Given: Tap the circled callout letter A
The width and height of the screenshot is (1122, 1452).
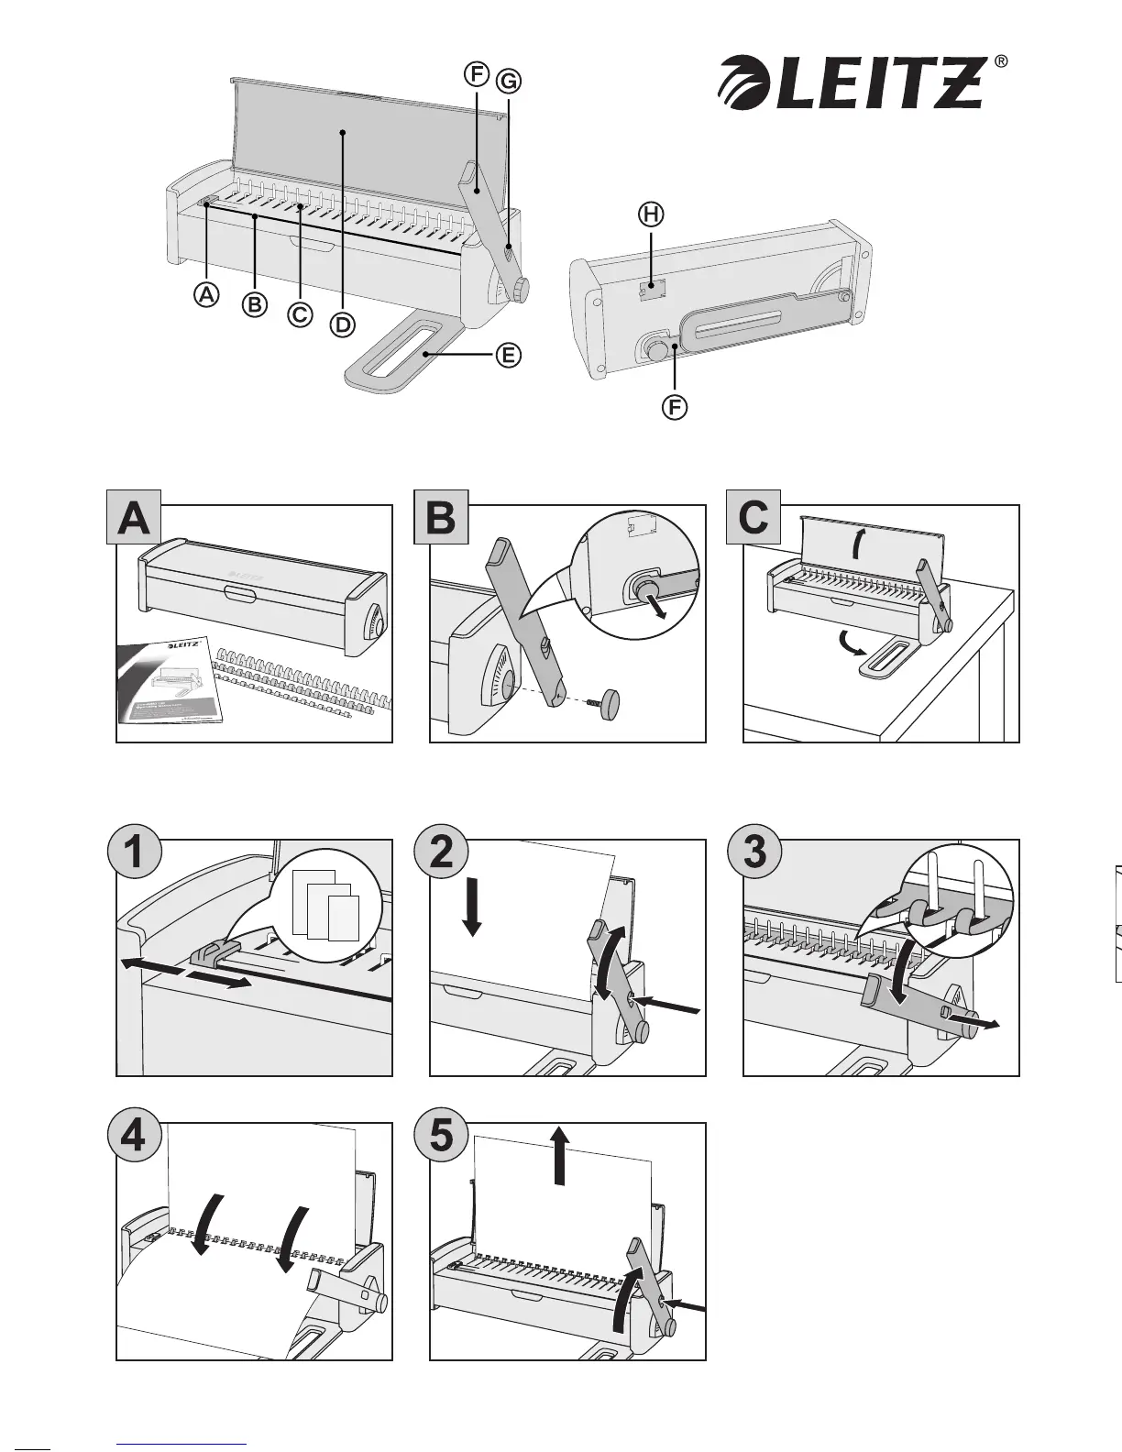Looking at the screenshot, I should click(x=208, y=294).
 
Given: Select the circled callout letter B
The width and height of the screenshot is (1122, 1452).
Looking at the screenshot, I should click(x=254, y=304).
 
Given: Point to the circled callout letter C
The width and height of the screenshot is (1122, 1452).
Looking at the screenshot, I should click(x=299, y=314).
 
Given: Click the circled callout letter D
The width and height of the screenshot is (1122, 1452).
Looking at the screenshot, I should click(x=342, y=324).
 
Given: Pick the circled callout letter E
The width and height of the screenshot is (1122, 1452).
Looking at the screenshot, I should click(x=509, y=354).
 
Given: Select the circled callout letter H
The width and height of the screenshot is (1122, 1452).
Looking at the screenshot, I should click(x=650, y=214).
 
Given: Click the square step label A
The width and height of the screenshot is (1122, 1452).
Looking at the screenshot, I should click(x=134, y=518).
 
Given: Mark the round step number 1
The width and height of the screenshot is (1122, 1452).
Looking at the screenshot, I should click(x=134, y=852).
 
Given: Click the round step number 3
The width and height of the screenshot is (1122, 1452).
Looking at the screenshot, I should click(x=753, y=852).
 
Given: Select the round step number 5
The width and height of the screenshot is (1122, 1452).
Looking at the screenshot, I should click(x=441, y=1137).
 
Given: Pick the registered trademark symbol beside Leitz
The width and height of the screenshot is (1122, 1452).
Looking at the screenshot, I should click(x=1001, y=61).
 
